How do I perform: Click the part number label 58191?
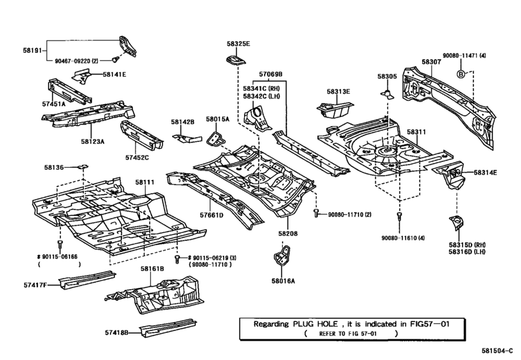pyautogui.click(x=32, y=51)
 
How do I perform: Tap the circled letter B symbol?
pyautogui.click(x=461, y=74)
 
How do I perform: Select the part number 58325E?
pyautogui.click(x=238, y=44)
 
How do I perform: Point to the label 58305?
pyautogui.click(x=387, y=76)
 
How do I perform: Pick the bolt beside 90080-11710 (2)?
pyautogui.click(x=316, y=213)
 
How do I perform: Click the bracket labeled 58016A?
pyautogui.click(x=282, y=255)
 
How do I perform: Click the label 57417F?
pyautogui.click(x=35, y=285)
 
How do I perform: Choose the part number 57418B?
pyautogui.click(x=117, y=332)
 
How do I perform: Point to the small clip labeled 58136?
pyautogui.click(x=83, y=166)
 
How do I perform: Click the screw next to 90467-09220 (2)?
pyautogui.click(x=116, y=60)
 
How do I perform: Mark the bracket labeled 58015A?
pyautogui.click(x=215, y=139)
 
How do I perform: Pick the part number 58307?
pyautogui.click(x=431, y=62)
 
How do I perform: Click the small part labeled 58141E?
pyautogui.click(x=82, y=75)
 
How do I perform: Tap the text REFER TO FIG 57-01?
pyautogui.click(x=348, y=334)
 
